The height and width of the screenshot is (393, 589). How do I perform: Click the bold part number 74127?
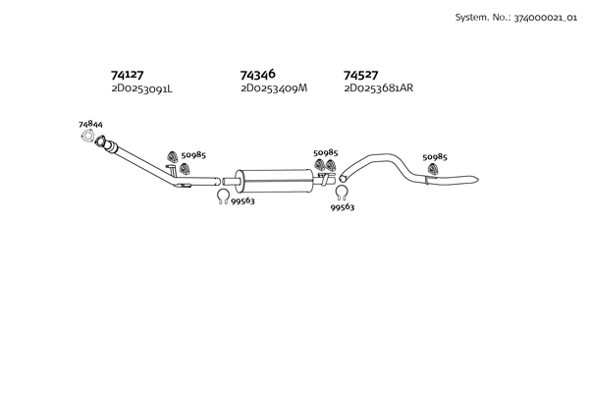click(128, 75)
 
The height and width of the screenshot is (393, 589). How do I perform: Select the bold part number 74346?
click(257, 75)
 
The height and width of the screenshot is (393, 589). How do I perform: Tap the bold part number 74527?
click(361, 75)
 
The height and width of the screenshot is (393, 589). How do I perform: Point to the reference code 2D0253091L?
click(141, 88)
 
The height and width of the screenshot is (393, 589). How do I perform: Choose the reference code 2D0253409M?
click(274, 88)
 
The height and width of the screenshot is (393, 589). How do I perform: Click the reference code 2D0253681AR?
click(379, 88)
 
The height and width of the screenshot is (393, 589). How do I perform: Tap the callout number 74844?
click(90, 125)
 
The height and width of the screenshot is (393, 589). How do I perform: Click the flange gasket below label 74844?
click(91, 147)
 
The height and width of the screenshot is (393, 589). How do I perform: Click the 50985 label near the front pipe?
click(193, 156)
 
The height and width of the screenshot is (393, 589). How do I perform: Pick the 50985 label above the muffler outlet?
click(325, 153)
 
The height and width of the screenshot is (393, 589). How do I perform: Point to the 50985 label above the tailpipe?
click(435, 157)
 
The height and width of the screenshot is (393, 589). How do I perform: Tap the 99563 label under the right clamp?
click(343, 208)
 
